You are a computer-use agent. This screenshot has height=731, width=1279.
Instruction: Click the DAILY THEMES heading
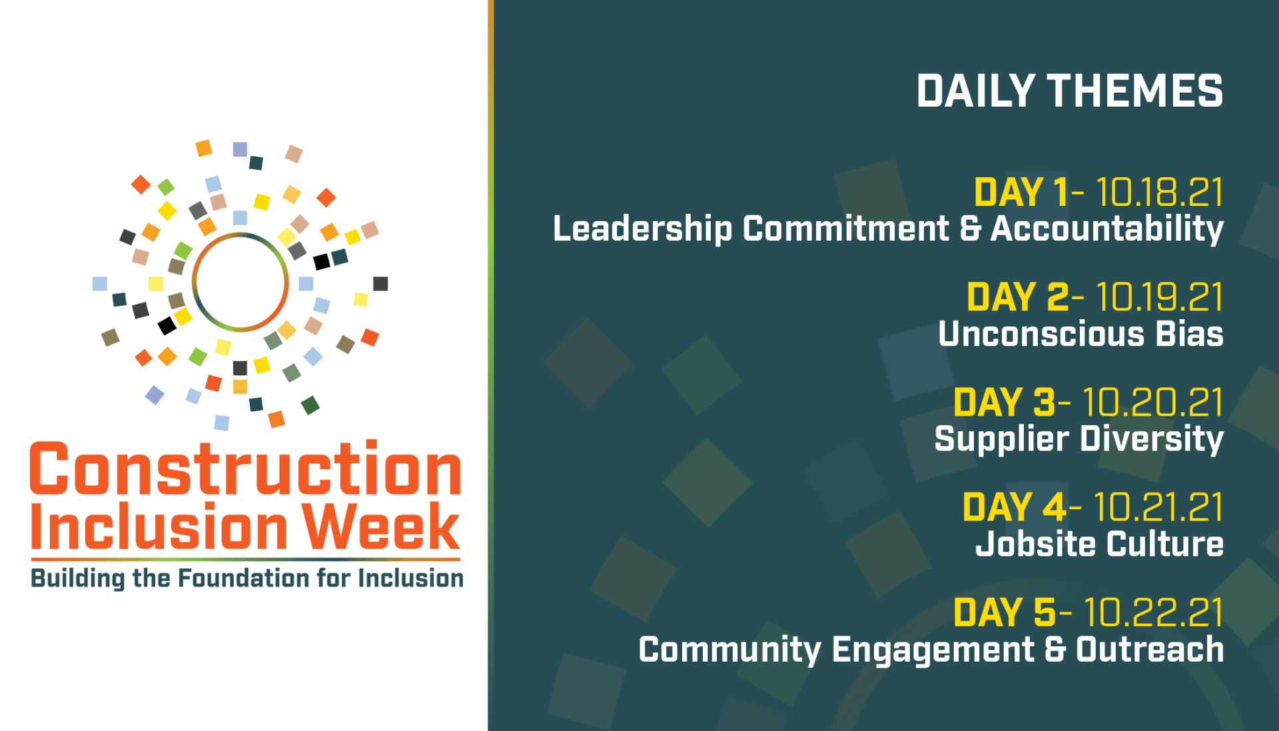pos(1069,91)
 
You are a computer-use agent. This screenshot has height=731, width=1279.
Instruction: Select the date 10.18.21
pos(1159,193)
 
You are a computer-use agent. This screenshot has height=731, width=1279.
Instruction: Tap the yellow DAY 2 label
pos(1017,297)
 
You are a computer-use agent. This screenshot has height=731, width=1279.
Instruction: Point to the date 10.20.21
pos(1152,402)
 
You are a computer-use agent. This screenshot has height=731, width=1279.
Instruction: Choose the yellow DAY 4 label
pos(1015,507)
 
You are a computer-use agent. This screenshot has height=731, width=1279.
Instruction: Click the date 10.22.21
pos(1153,612)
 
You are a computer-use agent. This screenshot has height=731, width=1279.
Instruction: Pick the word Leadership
pos(642,229)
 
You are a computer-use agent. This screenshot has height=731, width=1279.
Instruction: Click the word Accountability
pos(1106,229)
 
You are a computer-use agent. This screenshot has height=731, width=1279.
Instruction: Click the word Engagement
pos(933,650)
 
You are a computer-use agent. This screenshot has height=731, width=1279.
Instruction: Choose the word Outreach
pos(1150,649)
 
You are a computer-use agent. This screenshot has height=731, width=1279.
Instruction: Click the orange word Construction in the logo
pos(246,469)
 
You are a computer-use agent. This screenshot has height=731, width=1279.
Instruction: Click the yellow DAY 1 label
pos(1021,193)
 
